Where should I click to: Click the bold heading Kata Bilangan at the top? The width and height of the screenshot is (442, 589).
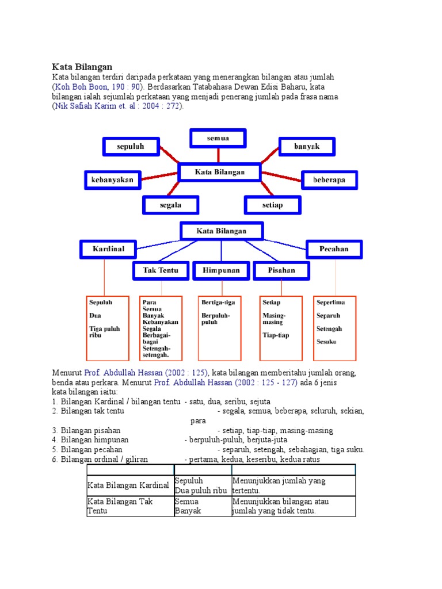click(x=82, y=67)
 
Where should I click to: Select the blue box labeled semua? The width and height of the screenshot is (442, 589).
click(x=218, y=139)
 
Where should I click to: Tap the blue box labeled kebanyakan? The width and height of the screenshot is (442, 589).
click(x=112, y=179)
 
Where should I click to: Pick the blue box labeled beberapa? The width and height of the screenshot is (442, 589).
click(x=329, y=180)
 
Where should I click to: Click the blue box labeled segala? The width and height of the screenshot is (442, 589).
click(x=170, y=205)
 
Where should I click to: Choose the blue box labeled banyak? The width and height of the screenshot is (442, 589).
click(x=307, y=147)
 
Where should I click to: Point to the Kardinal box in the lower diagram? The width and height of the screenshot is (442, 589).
click(x=108, y=249)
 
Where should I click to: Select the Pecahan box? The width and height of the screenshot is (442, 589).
click(x=334, y=249)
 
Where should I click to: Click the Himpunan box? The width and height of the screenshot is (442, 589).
click(x=220, y=270)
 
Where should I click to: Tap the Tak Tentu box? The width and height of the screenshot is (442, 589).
click(x=161, y=270)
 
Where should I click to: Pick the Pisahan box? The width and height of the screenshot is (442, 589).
click(x=281, y=270)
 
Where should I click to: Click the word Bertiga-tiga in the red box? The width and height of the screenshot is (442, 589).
click(x=218, y=302)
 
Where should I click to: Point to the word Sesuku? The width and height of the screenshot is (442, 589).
click(x=326, y=342)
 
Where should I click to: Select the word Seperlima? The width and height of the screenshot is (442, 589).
click(x=331, y=302)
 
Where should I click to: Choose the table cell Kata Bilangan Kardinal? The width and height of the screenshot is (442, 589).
click(x=128, y=486)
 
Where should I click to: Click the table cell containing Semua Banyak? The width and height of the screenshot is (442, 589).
click(x=203, y=506)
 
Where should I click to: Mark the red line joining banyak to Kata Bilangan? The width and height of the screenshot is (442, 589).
click(x=269, y=156)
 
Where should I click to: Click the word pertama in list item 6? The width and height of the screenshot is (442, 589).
click(x=203, y=460)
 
